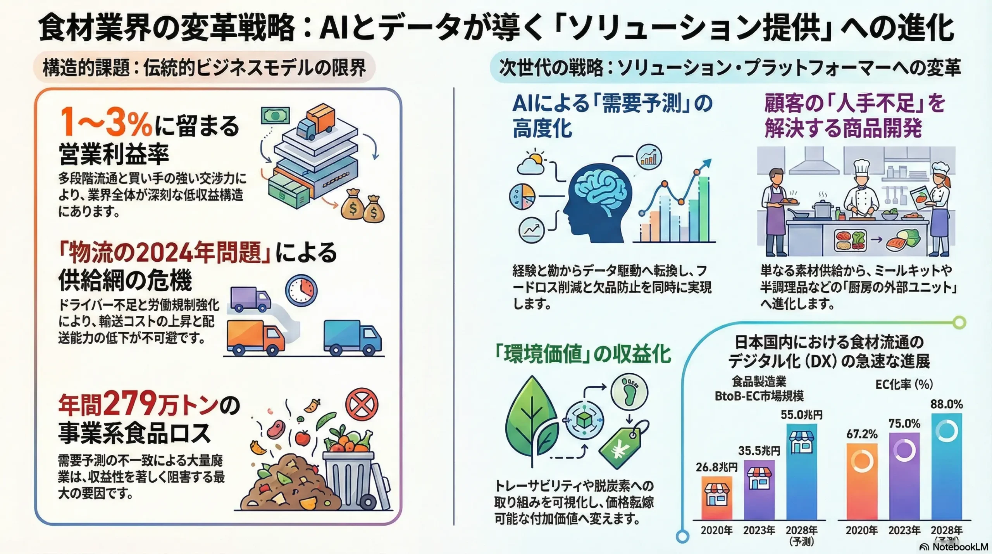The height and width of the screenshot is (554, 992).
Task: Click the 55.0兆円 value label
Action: pyautogui.click(x=801, y=415)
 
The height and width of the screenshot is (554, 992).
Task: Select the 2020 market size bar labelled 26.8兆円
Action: pyautogui.click(x=717, y=498)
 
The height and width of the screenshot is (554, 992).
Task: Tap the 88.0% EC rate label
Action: pyautogui.click(x=946, y=404)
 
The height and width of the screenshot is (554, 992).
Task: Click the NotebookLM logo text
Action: pyautogui.click(x=960, y=547)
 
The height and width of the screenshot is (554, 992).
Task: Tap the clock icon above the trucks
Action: pyautogui.click(x=301, y=290)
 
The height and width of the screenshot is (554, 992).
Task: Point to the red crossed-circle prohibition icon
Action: pyautogui.click(x=362, y=404)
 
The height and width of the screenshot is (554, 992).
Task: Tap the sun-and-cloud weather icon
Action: pyautogui.click(x=531, y=163)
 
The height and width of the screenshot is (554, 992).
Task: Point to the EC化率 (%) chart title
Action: pyautogui.click(x=904, y=384)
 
